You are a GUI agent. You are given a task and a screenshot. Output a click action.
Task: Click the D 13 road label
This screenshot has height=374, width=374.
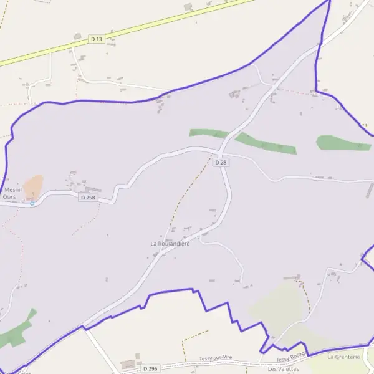[x=95, y=39]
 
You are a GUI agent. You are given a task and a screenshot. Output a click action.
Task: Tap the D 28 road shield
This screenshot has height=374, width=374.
[x=220, y=162]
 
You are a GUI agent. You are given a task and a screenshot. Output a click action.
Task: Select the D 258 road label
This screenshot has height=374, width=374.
[x=87, y=198]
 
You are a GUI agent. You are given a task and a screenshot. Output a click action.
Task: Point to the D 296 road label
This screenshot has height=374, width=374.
[x=150, y=368]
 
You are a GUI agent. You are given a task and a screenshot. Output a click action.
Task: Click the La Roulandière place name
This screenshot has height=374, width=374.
[x=170, y=243]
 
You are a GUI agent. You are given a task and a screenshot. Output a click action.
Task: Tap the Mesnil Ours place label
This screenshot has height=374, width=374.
[x=10, y=193]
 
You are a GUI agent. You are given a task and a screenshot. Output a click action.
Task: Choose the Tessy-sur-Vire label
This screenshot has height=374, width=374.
[x=216, y=358]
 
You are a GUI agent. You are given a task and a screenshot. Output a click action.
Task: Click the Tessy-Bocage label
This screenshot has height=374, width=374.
[x=292, y=358]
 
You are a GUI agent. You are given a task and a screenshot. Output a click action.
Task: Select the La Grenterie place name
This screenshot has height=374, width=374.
[x=343, y=357]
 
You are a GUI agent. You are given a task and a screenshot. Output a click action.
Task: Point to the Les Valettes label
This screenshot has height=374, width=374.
[x=283, y=369]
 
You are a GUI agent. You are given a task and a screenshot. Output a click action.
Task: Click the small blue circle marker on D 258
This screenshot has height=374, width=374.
[x=32, y=203]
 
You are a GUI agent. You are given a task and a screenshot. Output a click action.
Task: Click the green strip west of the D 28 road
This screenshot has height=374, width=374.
[x=208, y=133]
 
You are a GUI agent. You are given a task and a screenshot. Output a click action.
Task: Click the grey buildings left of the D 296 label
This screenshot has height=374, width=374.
[x=130, y=363]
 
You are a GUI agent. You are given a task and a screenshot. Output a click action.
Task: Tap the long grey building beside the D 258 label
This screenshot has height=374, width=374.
[x=92, y=189]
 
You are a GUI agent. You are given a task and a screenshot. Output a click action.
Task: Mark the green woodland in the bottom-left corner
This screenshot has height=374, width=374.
[x=16, y=333]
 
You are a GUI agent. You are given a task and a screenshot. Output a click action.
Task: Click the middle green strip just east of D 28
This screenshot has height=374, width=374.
[x=266, y=143]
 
